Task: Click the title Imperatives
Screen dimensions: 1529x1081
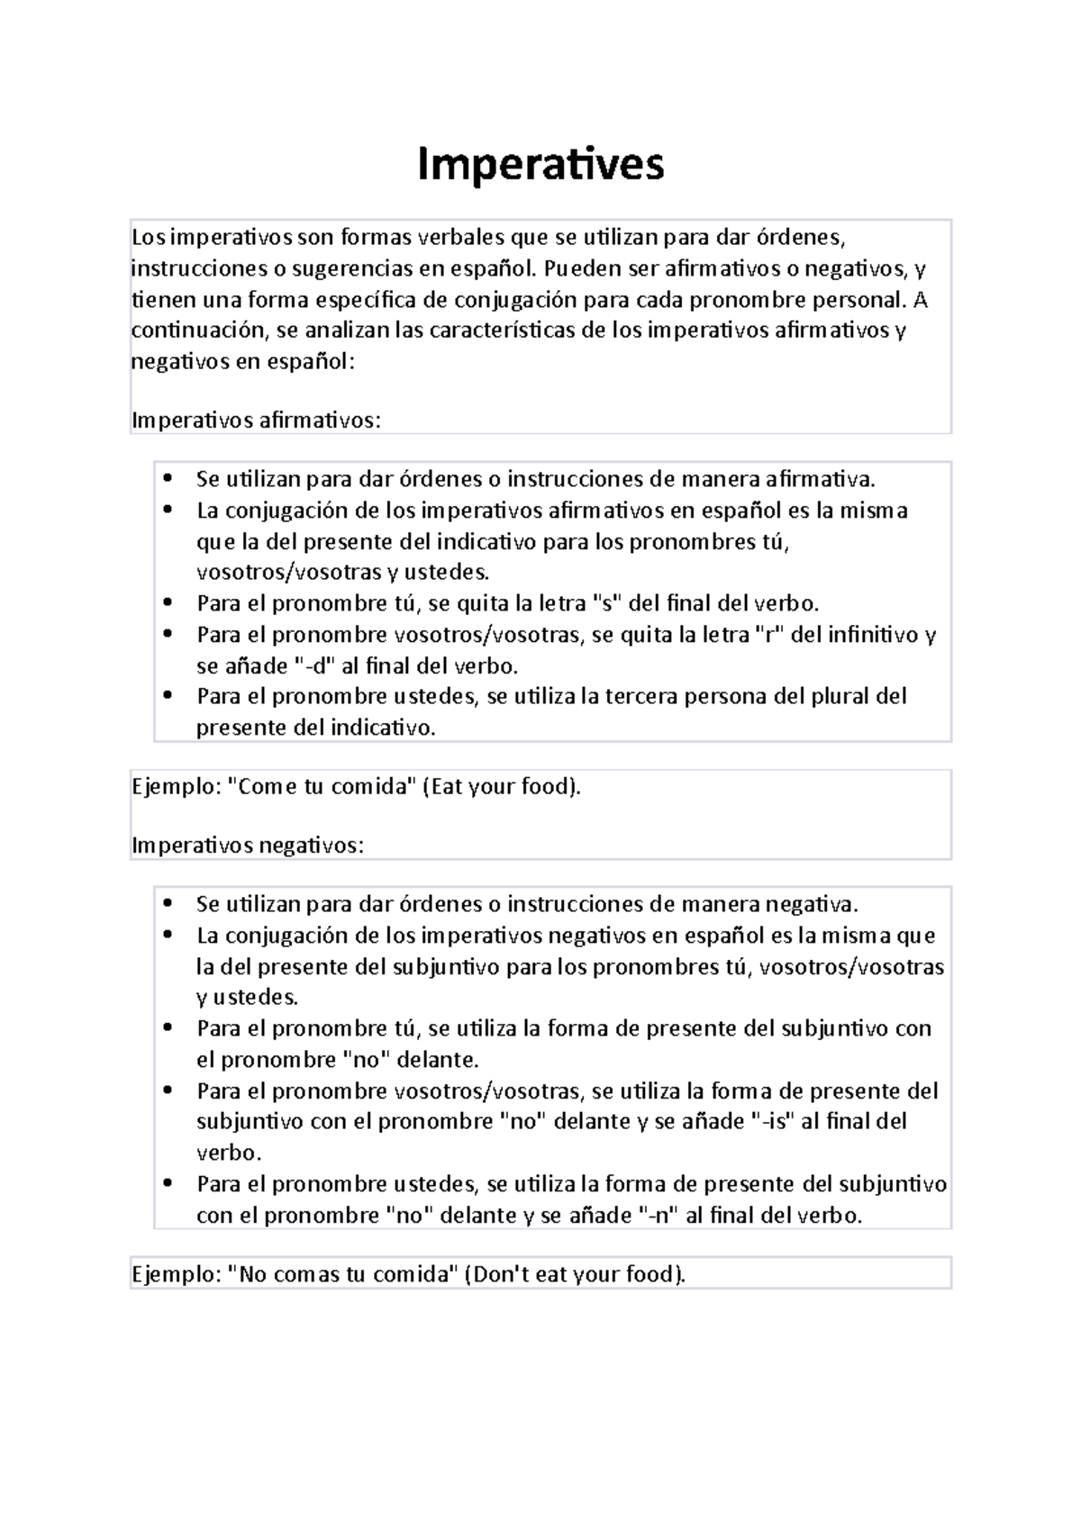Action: pyautogui.click(x=540, y=164)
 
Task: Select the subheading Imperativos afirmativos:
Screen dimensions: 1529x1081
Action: pyautogui.click(x=257, y=421)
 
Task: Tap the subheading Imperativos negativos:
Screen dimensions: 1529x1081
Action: pyautogui.click(x=249, y=846)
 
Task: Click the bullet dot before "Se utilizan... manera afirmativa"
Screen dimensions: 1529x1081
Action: pyautogui.click(x=168, y=478)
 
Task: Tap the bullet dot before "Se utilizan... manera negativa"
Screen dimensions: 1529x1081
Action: pyautogui.click(x=168, y=904)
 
